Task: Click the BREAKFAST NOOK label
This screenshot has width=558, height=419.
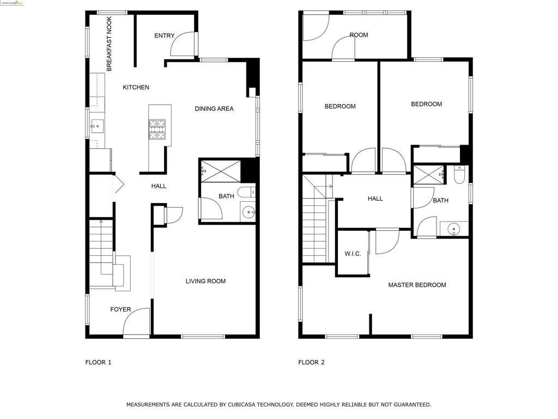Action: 109,44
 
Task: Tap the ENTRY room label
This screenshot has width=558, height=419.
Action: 164,36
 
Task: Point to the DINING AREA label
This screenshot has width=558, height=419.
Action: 214,109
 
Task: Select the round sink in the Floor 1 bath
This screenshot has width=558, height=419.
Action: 248,212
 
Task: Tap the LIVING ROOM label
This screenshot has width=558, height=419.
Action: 205,282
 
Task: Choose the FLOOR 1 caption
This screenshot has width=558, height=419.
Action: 98,362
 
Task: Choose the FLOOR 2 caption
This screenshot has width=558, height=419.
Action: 311,362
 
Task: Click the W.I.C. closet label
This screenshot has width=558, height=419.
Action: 353,254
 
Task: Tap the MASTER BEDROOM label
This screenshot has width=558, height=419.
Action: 417,285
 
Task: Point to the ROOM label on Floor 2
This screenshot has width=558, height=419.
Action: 359,35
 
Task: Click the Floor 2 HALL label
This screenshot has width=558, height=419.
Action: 375,199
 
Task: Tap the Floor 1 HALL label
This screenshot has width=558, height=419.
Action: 159,186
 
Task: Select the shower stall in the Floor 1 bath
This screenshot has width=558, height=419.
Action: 221,170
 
